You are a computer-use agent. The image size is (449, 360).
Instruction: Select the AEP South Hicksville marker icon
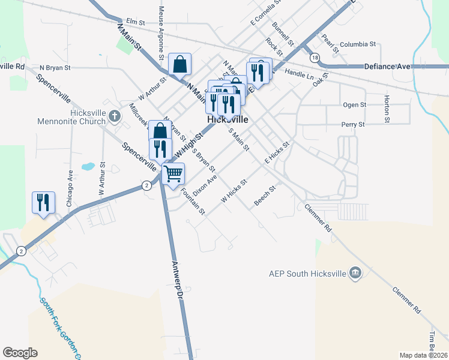coord(356,274)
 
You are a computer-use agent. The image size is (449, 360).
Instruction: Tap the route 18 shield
coord(315,58)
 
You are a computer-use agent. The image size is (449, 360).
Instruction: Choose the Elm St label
coord(136,22)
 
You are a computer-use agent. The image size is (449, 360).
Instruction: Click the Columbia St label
coord(357,44)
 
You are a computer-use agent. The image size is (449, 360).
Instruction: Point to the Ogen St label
coord(354,105)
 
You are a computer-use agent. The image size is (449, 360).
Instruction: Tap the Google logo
coord(20,353)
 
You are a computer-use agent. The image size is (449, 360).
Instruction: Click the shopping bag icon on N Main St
coord(180,64)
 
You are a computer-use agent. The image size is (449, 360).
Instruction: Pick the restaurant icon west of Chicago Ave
coord(43,202)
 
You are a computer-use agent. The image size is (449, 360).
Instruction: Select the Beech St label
coord(264,196)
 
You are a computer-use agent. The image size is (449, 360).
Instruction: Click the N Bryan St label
coord(55,68)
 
